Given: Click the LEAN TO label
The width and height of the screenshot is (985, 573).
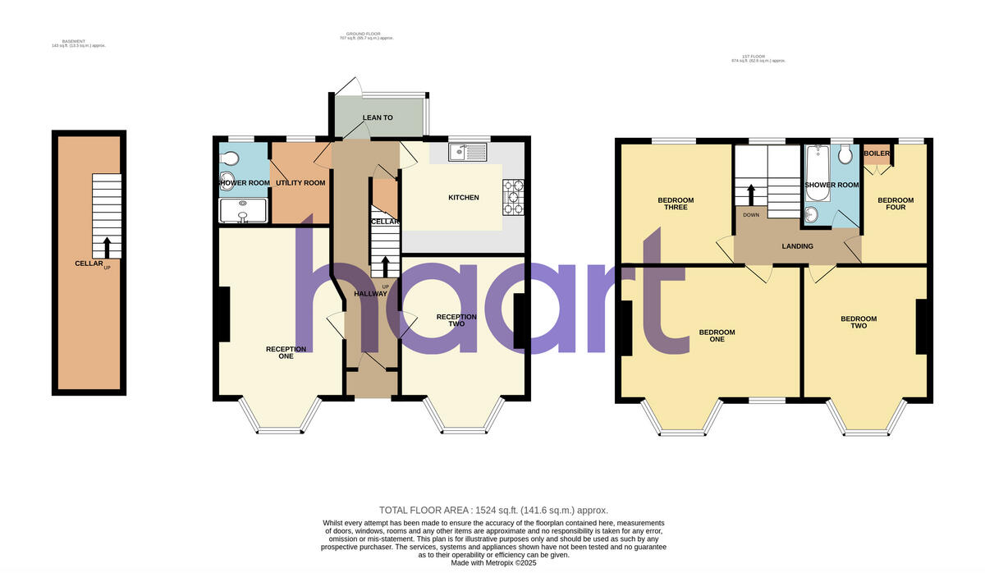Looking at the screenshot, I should (378, 118).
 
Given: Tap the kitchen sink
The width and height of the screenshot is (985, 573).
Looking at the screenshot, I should (468, 152).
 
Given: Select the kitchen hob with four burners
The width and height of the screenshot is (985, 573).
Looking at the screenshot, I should (514, 197).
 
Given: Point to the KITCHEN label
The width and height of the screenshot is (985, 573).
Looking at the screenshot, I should (463, 198).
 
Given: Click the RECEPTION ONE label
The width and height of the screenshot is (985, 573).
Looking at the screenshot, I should (286, 352).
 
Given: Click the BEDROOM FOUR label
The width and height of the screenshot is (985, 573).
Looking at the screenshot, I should (896, 204).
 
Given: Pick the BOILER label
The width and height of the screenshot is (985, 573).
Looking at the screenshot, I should (877, 153).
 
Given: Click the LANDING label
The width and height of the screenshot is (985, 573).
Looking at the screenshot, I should (797, 246).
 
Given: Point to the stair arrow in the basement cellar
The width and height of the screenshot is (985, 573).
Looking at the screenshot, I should (106, 244).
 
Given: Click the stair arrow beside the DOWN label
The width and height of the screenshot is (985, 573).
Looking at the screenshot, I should (749, 195).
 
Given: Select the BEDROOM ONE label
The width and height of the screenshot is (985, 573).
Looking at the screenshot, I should (717, 336).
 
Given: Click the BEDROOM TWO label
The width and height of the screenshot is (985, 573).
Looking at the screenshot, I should (859, 322).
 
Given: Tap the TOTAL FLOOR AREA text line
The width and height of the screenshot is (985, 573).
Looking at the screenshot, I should (493, 510).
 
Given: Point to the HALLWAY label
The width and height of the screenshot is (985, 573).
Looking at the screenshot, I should (370, 294).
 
